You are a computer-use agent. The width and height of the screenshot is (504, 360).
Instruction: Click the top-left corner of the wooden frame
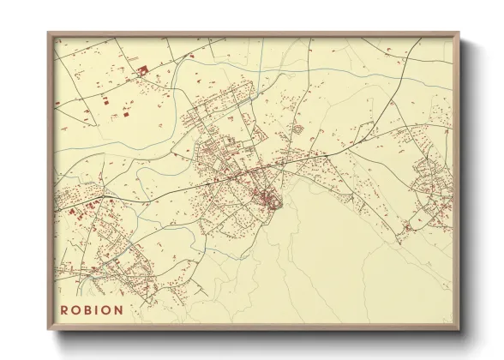coord(48,33)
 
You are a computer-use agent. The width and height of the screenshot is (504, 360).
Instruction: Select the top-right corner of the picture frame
coord(458,33)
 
